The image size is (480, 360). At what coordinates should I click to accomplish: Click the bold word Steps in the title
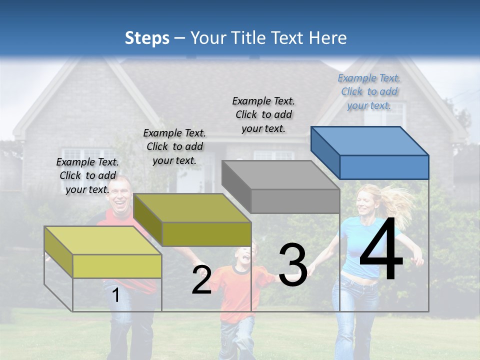point(147,38)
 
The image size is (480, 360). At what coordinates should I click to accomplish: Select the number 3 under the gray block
point(293,265)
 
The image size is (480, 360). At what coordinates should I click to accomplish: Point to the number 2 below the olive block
point(201,280)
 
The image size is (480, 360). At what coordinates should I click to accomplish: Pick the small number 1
point(116,295)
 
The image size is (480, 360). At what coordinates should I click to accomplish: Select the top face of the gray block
point(280,175)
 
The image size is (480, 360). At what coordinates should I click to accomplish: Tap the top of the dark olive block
point(192,208)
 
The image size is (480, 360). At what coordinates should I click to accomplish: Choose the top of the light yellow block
point(102,240)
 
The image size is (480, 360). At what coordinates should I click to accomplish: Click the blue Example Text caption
point(369,91)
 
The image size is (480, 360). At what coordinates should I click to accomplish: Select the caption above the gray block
point(263,114)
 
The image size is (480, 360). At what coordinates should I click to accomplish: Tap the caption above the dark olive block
point(174,146)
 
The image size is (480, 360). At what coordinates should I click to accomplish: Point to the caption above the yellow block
point(87,175)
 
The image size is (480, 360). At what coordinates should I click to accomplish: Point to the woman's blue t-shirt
point(370,245)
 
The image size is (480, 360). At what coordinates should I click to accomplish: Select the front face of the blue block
point(384,167)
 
